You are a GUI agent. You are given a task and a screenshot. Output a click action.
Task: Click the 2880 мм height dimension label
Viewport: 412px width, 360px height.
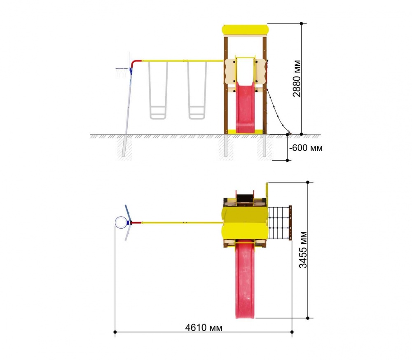click(297, 79)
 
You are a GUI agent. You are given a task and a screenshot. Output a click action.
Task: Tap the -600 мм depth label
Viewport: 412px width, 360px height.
click(306, 148)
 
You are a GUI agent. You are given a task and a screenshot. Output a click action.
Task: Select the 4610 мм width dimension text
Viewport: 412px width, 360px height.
click(204, 328)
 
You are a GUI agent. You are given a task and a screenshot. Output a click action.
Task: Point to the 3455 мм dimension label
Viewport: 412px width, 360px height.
click(303, 250)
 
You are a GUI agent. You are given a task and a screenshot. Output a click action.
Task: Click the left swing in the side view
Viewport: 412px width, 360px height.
click(158, 90)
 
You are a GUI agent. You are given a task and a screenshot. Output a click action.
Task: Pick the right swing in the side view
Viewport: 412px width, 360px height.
click(197, 90)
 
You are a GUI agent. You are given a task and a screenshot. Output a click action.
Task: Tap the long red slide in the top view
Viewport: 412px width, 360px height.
click(245, 280)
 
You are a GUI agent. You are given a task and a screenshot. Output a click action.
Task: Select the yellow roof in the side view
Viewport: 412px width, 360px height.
click(245, 30)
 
